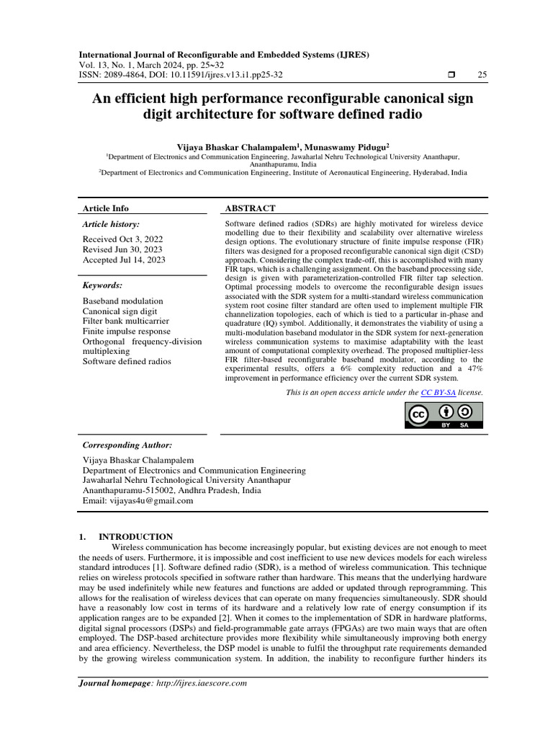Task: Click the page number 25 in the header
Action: (x=482, y=75)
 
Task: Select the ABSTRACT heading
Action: (x=251, y=208)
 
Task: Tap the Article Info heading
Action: (x=106, y=208)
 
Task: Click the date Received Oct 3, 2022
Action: (x=122, y=239)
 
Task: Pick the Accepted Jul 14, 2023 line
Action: (x=124, y=260)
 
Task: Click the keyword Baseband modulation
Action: (x=122, y=301)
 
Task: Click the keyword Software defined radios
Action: (x=127, y=361)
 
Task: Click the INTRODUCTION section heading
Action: (x=135, y=536)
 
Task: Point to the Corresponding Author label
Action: (x=127, y=445)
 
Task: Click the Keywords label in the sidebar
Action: (x=102, y=285)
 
